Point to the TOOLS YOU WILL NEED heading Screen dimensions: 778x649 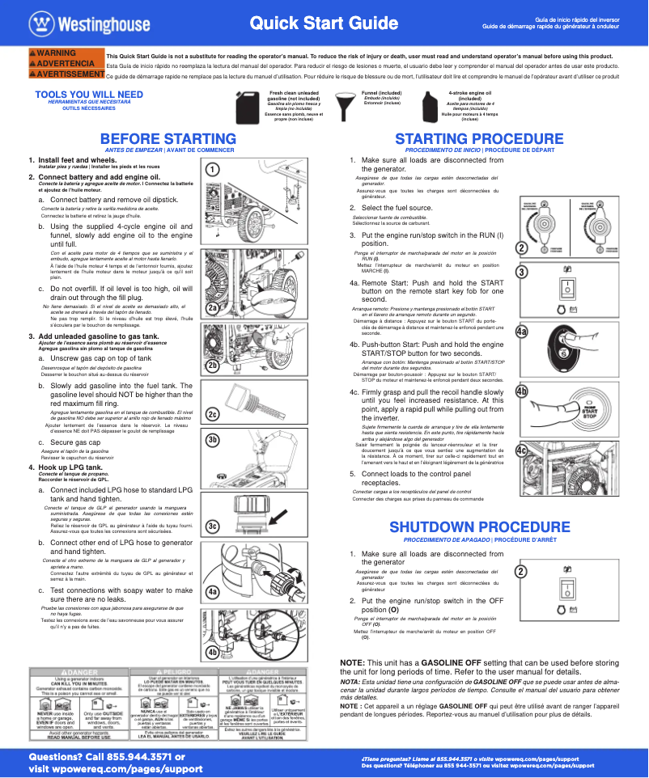click(x=89, y=95)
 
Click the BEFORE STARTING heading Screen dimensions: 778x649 click(x=168, y=139)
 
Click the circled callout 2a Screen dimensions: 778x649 click(x=212, y=308)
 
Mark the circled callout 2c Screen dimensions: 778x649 click(x=212, y=414)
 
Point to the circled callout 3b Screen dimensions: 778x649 click(x=212, y=439)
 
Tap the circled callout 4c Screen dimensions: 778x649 click(x=522, y=450)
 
